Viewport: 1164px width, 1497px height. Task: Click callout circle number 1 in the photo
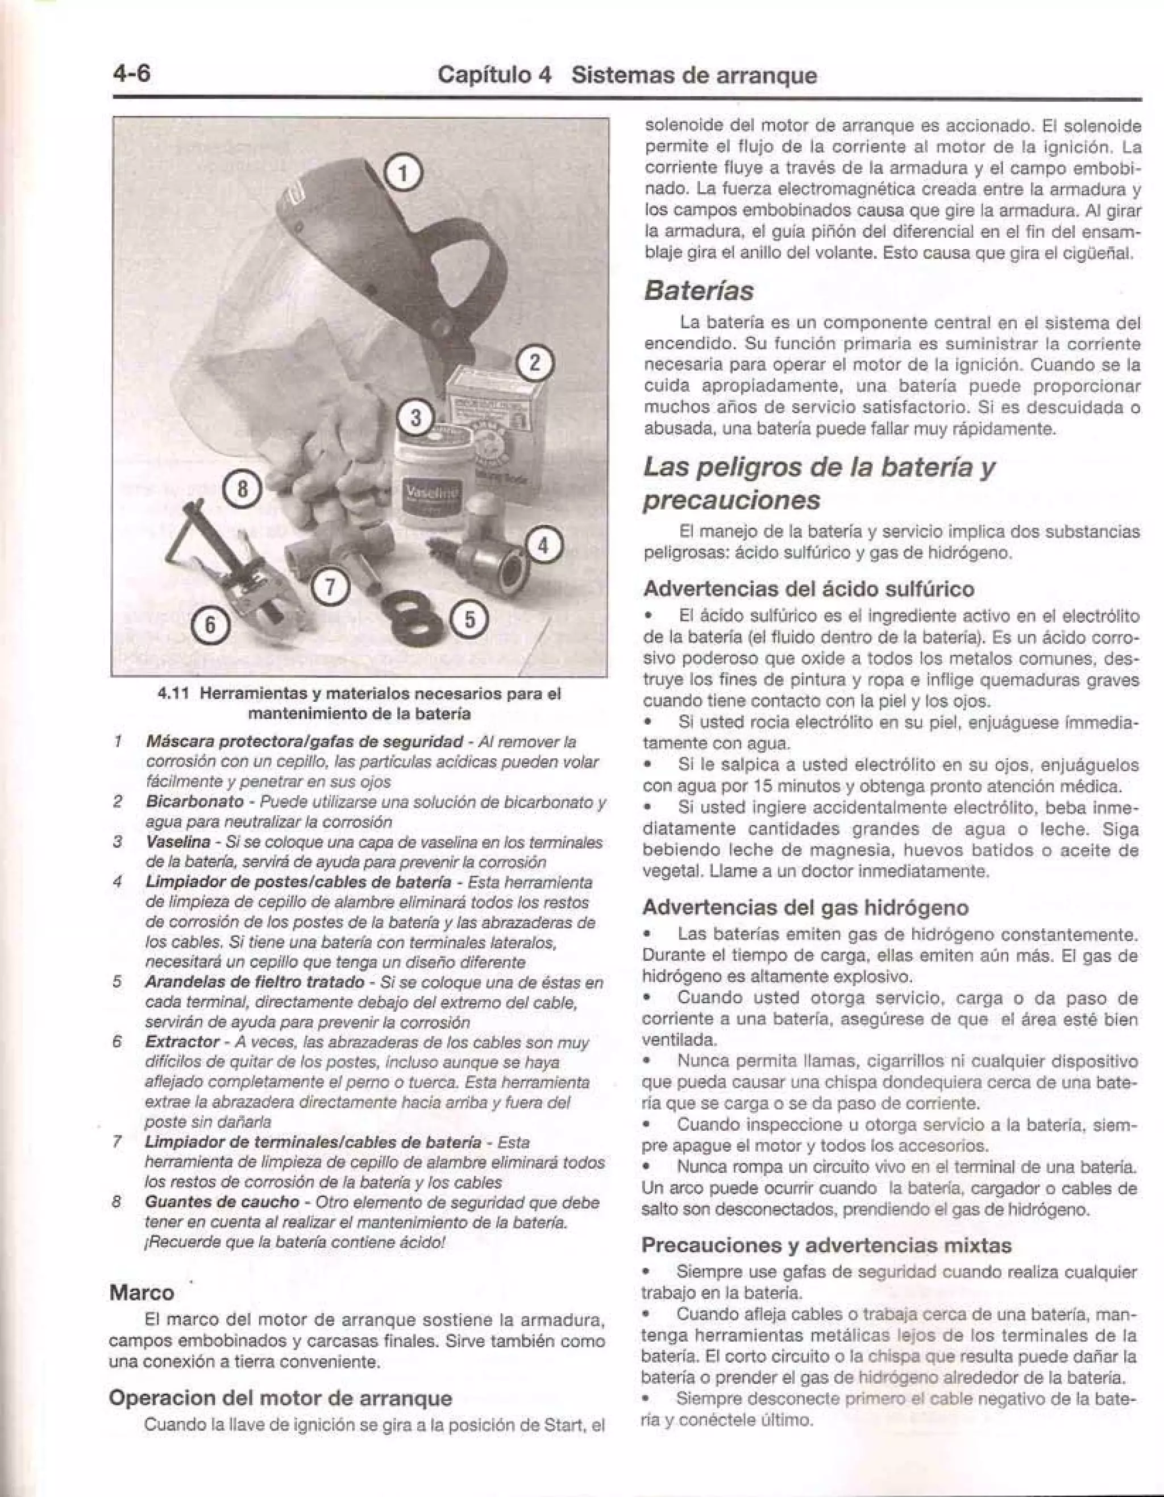pyautogui.click(x=404, y=173)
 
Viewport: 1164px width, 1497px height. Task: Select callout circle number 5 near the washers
pyautogui.click(x=469, y=619)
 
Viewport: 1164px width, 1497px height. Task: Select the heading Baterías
pyautogui.click(x=698, y=291)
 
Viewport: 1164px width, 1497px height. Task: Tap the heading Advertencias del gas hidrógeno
pyautogui.click(x=805, y=908)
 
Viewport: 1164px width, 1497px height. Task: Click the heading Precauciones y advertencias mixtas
pyautogui.click(x=827, y=1245)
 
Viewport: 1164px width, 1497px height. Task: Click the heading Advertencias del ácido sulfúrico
pyautogui.click(x=808, y=589)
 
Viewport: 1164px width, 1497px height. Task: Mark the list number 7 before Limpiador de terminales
pyautogui.click(x=118, y=1143)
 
